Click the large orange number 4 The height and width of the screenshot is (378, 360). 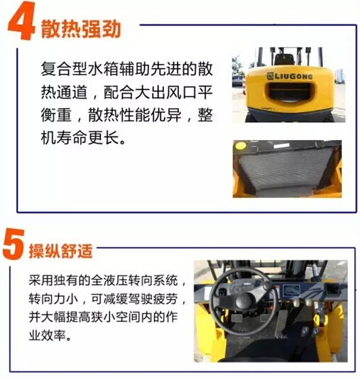click(x=21, y=21)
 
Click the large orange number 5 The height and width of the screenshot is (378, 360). click(x=13, y=244)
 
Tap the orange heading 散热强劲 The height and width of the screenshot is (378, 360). click(x=81, y=29)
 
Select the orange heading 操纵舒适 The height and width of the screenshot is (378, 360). click(x=61, y=252)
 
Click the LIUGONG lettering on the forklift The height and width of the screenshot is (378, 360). click(x=290, y=76)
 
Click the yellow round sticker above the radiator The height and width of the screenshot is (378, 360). click(x=241, y=146)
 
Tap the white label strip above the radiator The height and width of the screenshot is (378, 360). click(x=281, y=146)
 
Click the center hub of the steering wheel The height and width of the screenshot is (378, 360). click(x=244, y=301)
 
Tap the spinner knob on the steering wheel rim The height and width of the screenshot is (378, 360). click(x=268, y=286)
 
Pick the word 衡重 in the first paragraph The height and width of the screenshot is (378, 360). click(x=56, y=115)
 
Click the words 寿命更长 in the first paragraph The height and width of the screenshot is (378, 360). click(x=88, y=138)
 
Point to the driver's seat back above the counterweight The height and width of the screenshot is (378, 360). click(x=284, y=59)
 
